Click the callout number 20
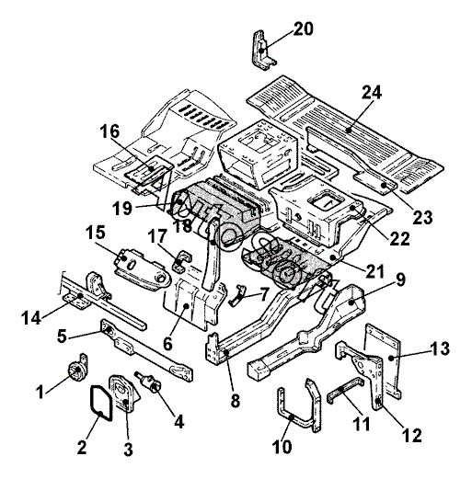pyautogui.click(x=304, y=29)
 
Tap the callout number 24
pyautogui.click(x=372, y=92)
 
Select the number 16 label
pyautogui.click(x=109, y=131)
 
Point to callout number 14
pyautogui.click(x=31, y=317)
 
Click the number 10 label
pyautogui.click(x=282, y=447)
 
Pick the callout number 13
pyautogui.click(x=440, y=348)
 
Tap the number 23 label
pyautogui.click(x=422, y=218)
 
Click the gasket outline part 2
pyautogui.click(x=100, y=403)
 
